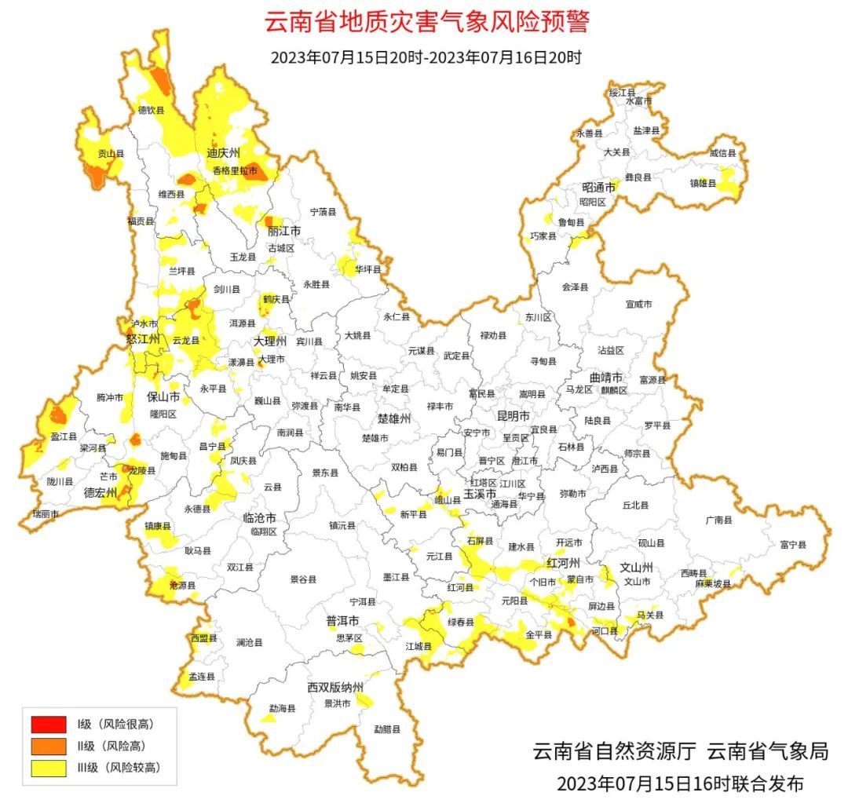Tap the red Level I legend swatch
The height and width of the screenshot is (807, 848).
[x=49, y=724]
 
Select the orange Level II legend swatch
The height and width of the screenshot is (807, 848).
[x=49, y=746]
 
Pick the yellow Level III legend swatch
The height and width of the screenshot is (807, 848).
[x=49, y=768]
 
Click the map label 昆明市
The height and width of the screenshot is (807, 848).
[x=514, y=414]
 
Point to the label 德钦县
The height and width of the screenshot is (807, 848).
[x=152, y=110]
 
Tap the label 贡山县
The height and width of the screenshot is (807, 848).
[x=111, y=154]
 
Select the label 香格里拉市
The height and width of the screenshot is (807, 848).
[x=235, y=170]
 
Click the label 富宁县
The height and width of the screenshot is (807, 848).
[x=793, y=543]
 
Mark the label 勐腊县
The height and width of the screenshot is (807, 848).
[x=387, y=728]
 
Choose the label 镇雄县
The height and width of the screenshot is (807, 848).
[x=703, y=183]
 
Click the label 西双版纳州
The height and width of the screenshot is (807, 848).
[x=335, y=688]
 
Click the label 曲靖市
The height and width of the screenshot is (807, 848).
[x=607, y=377]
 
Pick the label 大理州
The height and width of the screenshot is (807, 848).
[x=269, y=342]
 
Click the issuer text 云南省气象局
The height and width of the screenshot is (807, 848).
[x=768, y=751]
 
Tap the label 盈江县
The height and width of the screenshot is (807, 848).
[x=64, y=436]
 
